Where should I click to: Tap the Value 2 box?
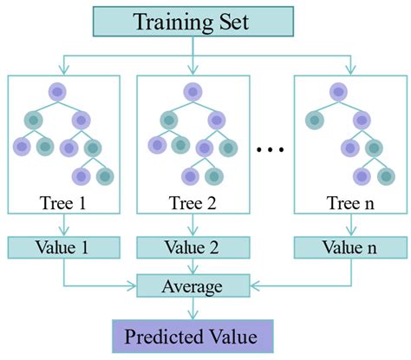[192, 245]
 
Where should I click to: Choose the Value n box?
[349, 245]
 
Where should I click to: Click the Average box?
[193, 285]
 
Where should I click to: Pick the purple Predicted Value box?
[192, 335]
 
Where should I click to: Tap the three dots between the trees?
[271, 148]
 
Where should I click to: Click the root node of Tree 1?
[57, 89]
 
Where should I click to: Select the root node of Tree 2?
[189, 89]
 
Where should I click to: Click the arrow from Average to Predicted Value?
[193, 309]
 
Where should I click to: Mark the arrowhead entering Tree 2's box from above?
[193, 69]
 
